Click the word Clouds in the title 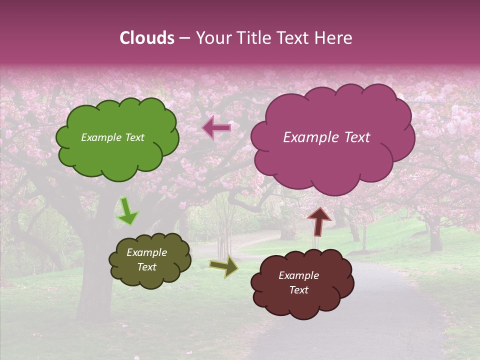[x=147, y=38]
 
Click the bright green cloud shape [x=117, y=150]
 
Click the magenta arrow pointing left [x=216, y=128]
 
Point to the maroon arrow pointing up [x=319, y=221]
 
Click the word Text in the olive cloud [x=147, y=267]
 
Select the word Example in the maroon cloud [x=298, y=275]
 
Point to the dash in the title [x=184, y=38]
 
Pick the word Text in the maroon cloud [x=298, y=290]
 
